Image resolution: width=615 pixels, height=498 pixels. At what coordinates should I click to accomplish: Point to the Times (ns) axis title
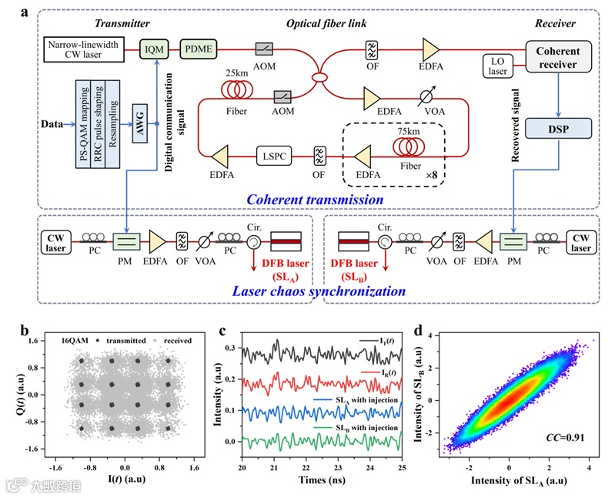coord(323,484)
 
